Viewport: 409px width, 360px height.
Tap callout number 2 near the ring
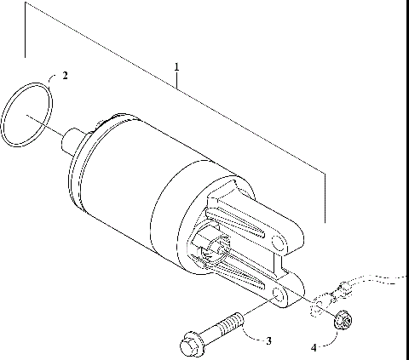click(x=66, y=76)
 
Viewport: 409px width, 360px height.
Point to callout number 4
click(x=313, y=346)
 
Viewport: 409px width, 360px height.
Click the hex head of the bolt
click(x=190, y=346)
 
